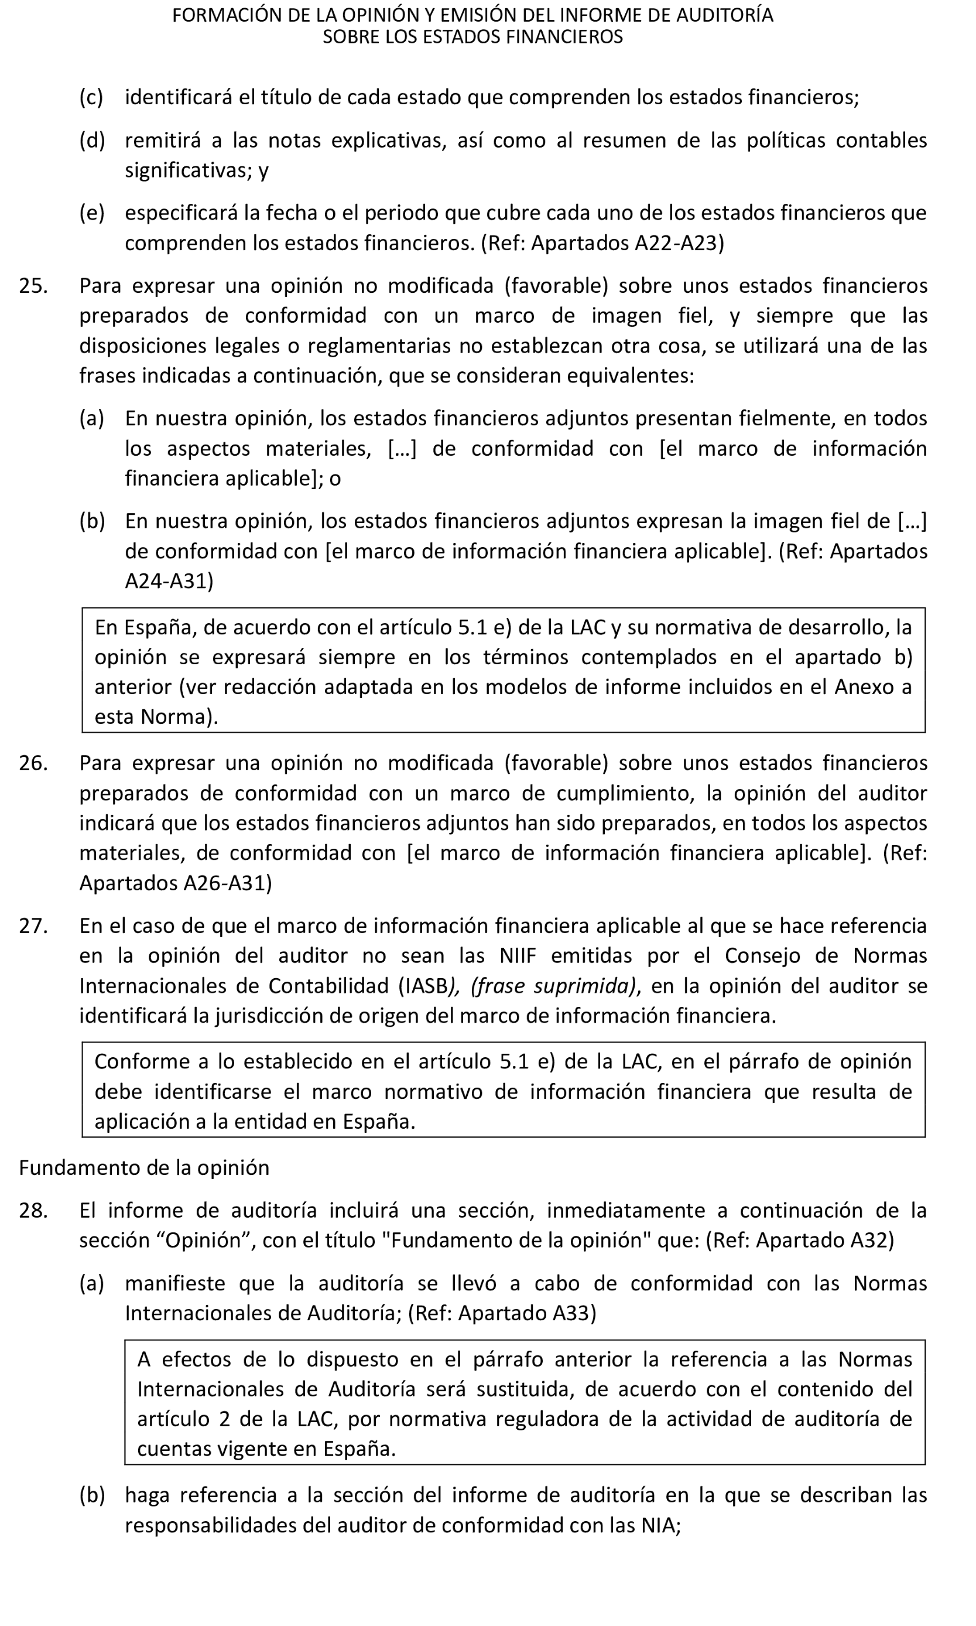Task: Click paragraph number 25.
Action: click(x=33, y=286)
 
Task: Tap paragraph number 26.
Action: click(x=33, y=763)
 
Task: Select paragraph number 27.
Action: click(x=33, y=926)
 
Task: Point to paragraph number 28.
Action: click(x=33, y=1210)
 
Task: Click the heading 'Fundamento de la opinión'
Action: click(x=144, y=1167)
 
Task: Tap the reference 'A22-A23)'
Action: click(x=679, y=244)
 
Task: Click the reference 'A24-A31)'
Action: click(x=169, y=581)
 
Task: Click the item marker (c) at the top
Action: click(x=91, y=97)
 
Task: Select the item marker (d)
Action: click(x=92, y=141)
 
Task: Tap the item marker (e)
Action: click(x=91, y=213)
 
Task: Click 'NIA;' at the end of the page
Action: click(x=660, y=1525)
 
